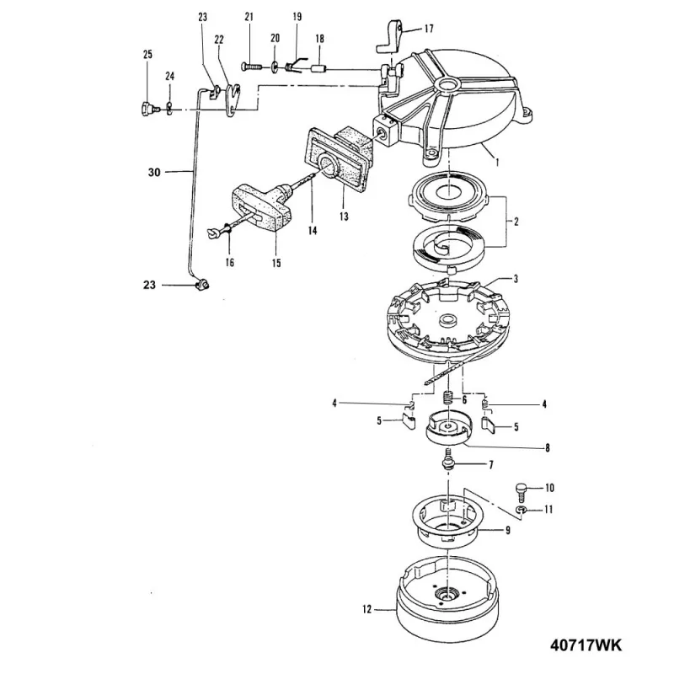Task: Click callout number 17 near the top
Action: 429,29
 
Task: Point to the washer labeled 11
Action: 522,511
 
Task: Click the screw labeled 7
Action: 447,462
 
